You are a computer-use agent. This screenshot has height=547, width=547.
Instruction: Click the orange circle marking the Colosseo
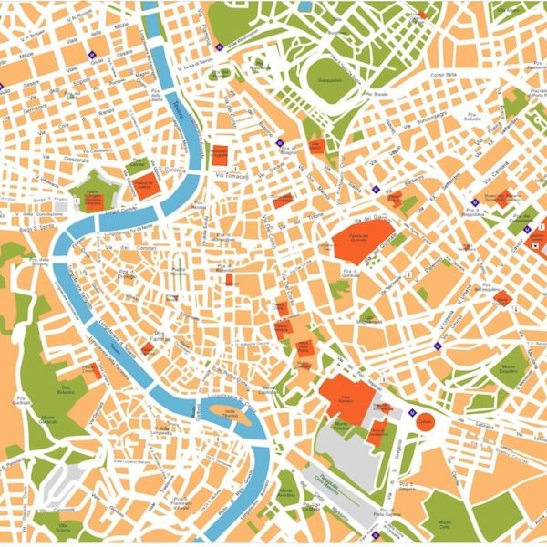click(x=425, y=420)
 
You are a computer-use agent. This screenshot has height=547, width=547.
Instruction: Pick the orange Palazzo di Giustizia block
click(x=146, y=182)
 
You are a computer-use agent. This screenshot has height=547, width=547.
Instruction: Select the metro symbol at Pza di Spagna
click(x=278, y=142)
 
